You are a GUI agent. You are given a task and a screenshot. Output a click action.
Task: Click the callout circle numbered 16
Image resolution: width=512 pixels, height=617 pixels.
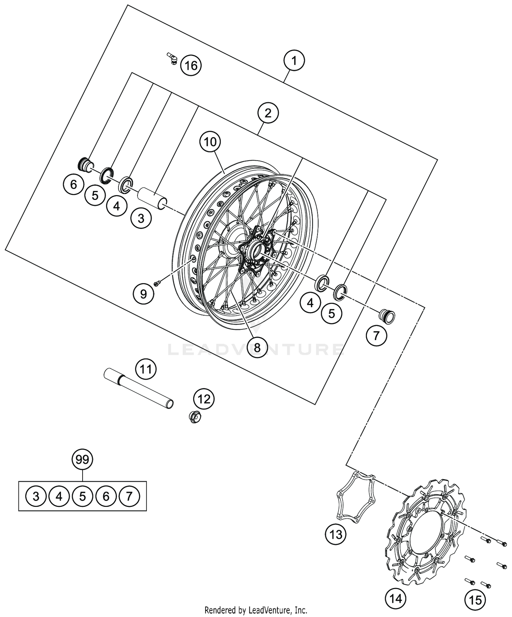tap(191, 65)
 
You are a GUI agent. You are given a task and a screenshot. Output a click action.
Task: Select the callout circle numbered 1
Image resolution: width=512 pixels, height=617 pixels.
tap(294, 61)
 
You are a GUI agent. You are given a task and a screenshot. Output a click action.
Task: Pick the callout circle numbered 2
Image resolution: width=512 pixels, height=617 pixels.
tap(268, 113)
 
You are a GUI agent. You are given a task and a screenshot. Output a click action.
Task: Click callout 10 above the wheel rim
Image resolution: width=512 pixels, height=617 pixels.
tap(210, 142)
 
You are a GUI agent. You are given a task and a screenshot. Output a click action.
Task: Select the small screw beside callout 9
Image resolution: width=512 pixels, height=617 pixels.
tap(157, 283)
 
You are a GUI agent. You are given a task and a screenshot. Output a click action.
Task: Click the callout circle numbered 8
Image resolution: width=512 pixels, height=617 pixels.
tap(257, 348)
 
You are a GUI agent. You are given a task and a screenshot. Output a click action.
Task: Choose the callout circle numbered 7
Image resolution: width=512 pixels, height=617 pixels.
tap(376, 336)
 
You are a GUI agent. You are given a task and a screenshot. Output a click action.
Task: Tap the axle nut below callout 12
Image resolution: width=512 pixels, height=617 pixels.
tap(195, 416)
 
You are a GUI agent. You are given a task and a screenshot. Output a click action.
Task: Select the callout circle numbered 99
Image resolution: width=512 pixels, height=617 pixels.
tap(82, 460)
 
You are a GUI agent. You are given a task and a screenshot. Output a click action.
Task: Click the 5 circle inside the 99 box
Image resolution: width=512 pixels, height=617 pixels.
tap(82, 496)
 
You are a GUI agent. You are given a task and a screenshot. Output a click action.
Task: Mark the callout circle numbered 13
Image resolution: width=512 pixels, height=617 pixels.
tap(336, 534)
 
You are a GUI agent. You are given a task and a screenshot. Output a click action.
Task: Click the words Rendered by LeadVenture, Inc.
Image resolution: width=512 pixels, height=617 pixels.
tap(256, 609)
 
